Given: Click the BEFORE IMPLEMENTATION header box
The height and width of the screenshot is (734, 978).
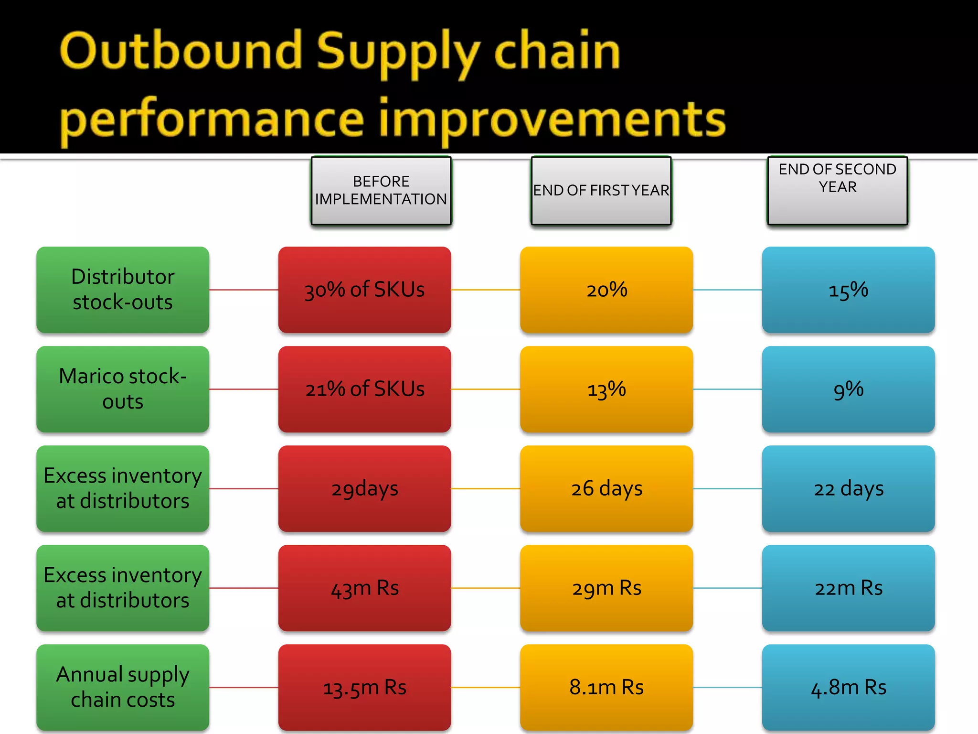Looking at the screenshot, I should tap(381, 191).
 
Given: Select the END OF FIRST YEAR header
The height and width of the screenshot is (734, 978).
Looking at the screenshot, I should tap(601, 191).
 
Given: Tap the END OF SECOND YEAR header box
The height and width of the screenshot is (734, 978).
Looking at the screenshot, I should tap(838, 190).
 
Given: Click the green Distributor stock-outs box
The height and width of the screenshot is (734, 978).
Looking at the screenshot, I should tap(123, 290).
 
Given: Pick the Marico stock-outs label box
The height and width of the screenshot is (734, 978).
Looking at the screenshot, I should tap(123, 389).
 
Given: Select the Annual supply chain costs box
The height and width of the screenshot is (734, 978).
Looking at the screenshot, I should tap(123, 687).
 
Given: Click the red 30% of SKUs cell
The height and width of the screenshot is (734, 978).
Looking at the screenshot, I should tap(364, 290).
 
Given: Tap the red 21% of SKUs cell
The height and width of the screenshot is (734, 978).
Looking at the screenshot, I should tap(364, 389).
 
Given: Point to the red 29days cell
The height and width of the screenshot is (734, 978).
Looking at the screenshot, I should tap(364, 488).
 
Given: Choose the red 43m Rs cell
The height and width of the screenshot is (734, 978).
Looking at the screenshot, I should tap(364, 588).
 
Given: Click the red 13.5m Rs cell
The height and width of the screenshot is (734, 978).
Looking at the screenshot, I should tap(364, 687).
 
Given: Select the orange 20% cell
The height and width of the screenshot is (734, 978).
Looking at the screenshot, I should tap(606, 290).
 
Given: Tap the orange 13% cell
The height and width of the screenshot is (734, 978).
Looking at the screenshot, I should tap(606, 389).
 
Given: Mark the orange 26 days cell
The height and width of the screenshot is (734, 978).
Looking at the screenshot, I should tap(606, 488).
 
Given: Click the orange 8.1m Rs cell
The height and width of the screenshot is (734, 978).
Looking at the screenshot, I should tap(606, 687).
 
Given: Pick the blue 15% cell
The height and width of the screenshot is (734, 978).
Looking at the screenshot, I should tap(848, 290).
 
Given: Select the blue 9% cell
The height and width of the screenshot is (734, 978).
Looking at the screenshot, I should tap(848, 389).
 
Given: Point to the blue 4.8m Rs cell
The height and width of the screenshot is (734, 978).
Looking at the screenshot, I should tap(848, 687).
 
